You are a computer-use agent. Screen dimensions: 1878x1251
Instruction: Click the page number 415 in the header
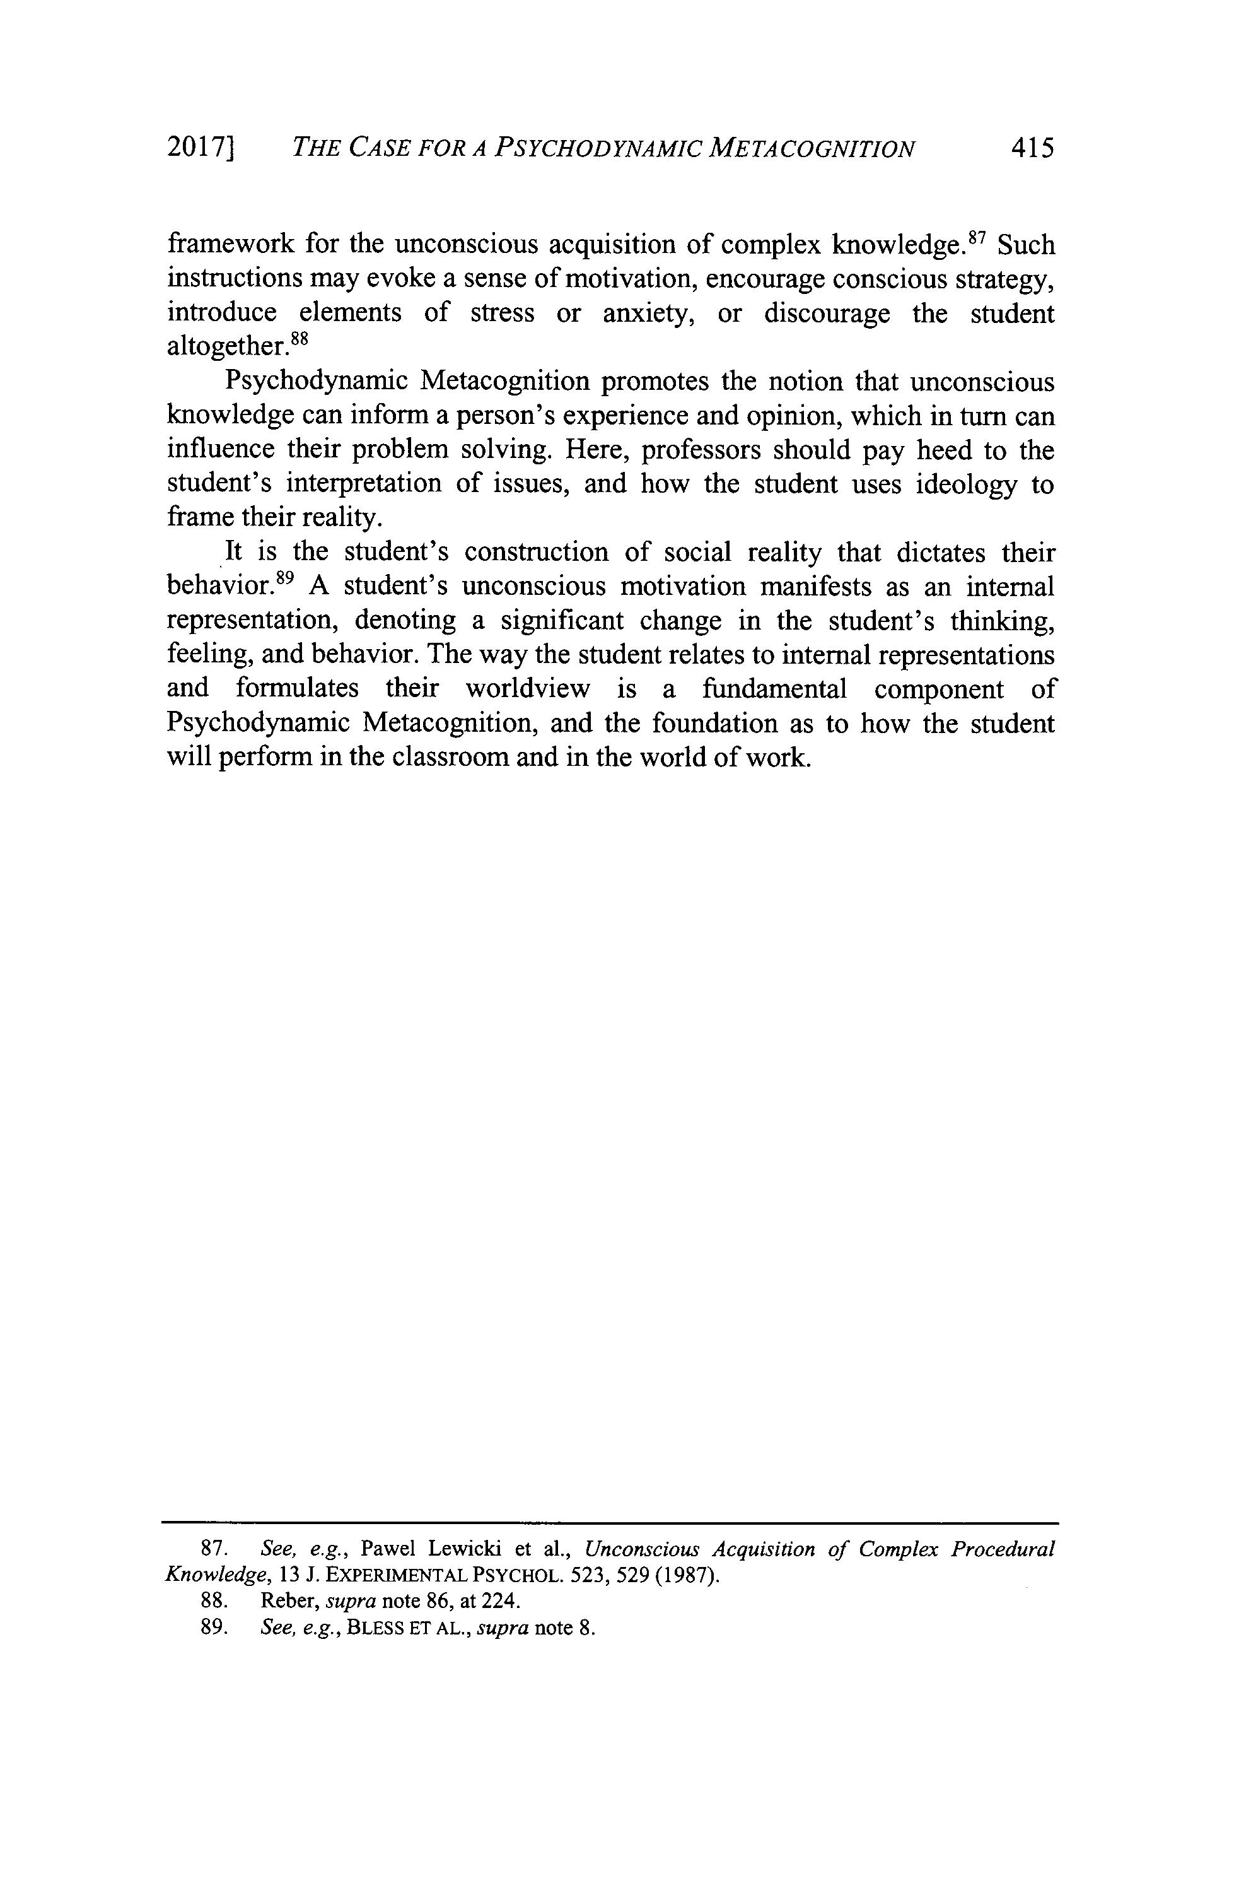(1032, 148)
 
